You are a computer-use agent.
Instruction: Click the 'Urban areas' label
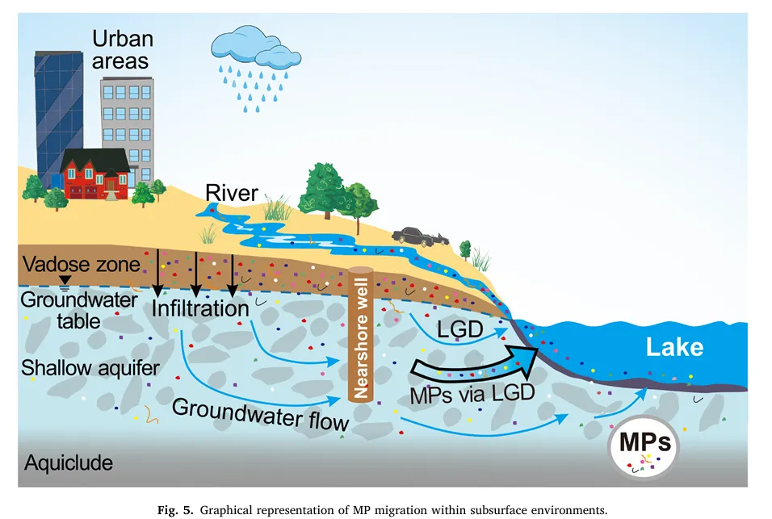tap(120, 49)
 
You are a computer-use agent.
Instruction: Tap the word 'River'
tap(231, 193)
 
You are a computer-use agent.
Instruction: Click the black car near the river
tap(419, 236)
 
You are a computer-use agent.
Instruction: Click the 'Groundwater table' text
tap(61, 310)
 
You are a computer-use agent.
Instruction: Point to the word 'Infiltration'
tap(200, 309)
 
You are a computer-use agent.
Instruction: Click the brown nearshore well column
tap(359, 336)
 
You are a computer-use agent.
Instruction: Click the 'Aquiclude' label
tap(69, 463)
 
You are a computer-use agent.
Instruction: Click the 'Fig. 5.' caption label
tap(178, 509)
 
